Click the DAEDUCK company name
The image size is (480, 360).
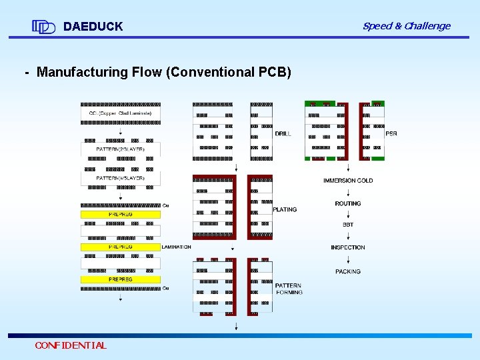(x=93, y=27)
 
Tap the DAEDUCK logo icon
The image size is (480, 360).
(x=43, y=27)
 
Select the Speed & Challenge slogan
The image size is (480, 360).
(x=406, y=26)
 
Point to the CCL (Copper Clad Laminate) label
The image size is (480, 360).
(x=121, y=113)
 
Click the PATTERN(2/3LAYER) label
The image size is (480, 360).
(x=120, y=149)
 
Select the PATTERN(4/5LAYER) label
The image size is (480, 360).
(x=120, y=178)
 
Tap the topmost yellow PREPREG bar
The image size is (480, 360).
(x=120, y=215)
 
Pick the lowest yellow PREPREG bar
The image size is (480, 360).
(x=120, y=279)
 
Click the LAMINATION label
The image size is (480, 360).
(x=177, y=247)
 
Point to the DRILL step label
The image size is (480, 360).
(x=283, y=134)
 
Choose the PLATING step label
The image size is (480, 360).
(x=285, y=210)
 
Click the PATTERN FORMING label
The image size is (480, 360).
(x=289, y=289)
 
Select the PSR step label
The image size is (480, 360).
(x=391, y=134)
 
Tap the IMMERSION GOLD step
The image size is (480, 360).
(x=348, y=181)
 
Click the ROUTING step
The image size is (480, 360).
(x=348, y=204)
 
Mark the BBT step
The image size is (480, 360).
(x=348, y=225)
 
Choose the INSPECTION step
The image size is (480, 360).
(x=348, y=248)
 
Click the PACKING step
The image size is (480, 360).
(x=348, y=272)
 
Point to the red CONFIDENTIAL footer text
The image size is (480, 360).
(x=71, y=345)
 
